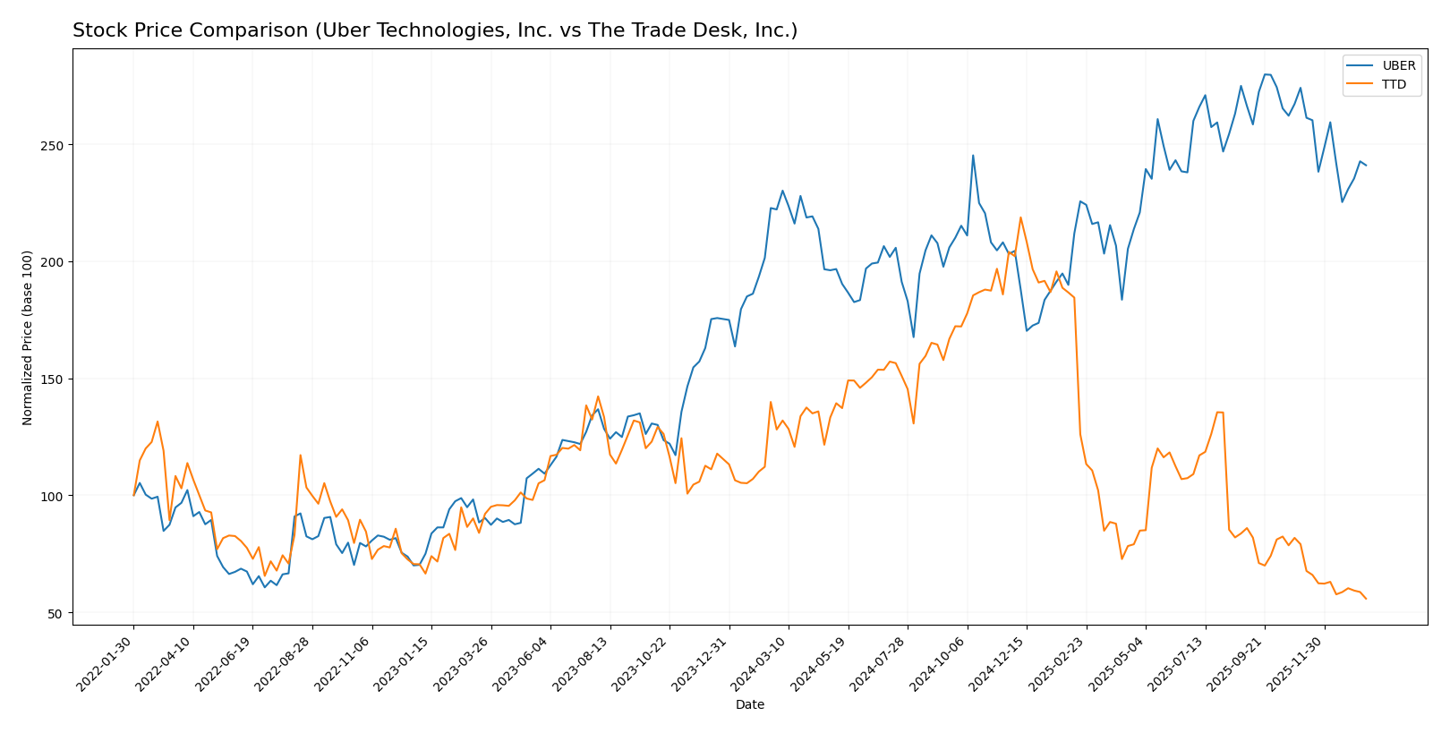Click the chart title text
pos(435,30)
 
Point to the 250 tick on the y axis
pos(54,145)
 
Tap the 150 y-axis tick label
pos(54,379)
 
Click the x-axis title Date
pos(749,705)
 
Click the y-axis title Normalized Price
pos(28,337)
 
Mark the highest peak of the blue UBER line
pos(1266,74)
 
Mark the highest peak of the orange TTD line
pos(1020,217)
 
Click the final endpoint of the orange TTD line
pos(1366,599)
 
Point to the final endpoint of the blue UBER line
pos(1366,166)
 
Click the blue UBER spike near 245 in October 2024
pos(973,156)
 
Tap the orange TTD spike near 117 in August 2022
pos(300,455)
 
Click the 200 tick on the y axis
pos(54,262)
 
